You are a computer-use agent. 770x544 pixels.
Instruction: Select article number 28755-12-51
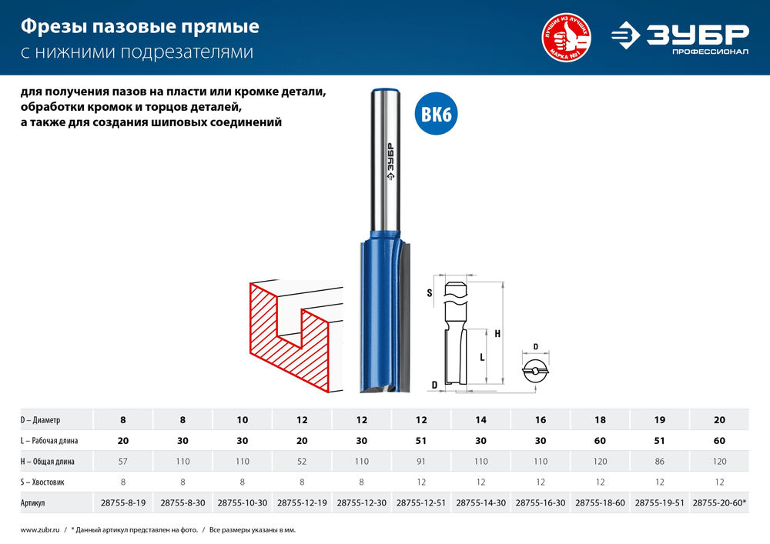tap(421, 502)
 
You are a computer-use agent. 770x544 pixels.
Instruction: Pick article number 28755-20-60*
tap(719, 502)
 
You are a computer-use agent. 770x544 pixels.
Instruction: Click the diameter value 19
tap(660, 420)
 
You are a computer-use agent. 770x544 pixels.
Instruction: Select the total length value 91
tap(421, 461)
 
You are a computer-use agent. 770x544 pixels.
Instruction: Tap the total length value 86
tap(660, 461)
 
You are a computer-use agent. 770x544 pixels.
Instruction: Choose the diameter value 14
tap(481, 420)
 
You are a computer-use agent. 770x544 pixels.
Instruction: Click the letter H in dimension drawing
tap(497, 334)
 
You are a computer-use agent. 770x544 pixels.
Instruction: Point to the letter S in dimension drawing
tap(430, 293)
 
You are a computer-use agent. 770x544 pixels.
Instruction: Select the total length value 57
tap(123, 461)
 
